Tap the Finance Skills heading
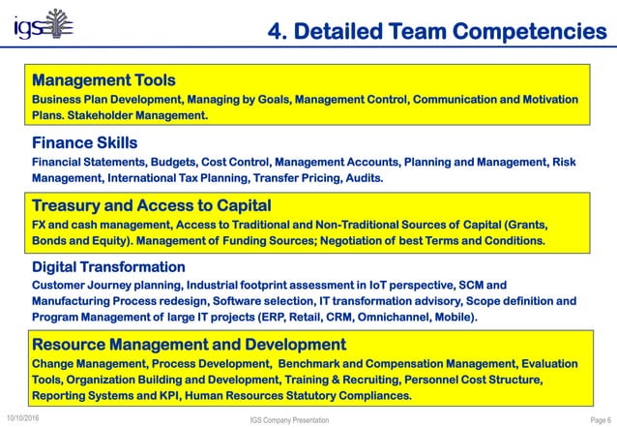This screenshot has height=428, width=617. [90, 142]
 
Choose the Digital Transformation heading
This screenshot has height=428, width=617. [108, 266]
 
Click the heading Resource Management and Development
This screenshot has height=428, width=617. [189, 344]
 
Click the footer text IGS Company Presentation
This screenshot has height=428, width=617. [288, 420]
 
